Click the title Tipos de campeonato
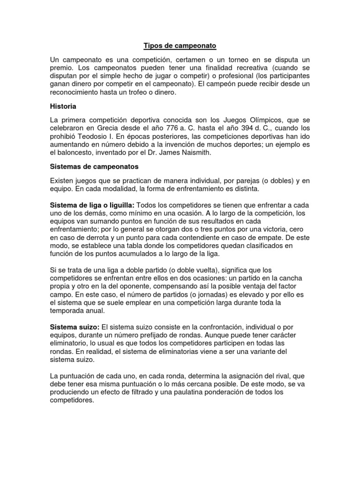tap(180, 46)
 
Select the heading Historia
tap(64, 106)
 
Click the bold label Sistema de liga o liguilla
tap(92, 206)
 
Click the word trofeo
tap(140, 93)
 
